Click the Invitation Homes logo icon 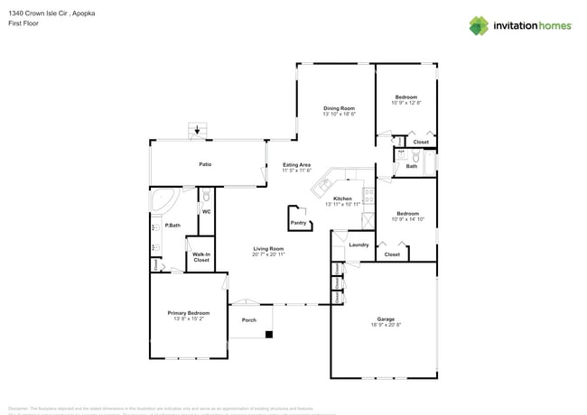[x=479, y=25]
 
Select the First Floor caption [x=22, y=23]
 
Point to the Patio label [x=205, y=164]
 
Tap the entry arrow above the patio [x=198, y=131]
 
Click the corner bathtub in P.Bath [x=166, y=200]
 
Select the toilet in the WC [x=206, y=196]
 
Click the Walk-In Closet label [x=200, y=257]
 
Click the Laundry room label [x=358, y=244]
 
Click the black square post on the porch [x=268, y=335]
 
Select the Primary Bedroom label [x=189, y=313]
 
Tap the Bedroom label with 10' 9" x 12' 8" [x=405, y=97]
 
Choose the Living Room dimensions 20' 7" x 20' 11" [x=268, y=254]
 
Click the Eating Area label [x=296, y=165]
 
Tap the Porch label [x=248, y=320]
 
